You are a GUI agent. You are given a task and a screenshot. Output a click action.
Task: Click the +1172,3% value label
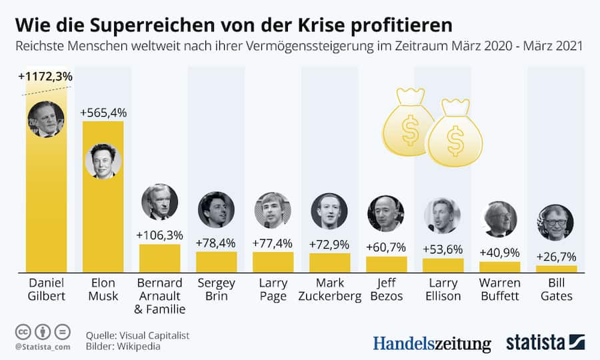point(45,77)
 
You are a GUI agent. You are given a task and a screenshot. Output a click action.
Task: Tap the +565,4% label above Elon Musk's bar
point(103,113)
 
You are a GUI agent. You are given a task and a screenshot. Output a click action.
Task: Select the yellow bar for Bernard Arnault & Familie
point(159,257)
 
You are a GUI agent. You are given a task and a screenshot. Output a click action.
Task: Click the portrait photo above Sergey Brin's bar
point(216,209)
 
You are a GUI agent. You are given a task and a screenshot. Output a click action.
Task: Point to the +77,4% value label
point(273,243)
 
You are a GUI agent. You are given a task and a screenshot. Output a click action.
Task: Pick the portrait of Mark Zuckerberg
point(329,211)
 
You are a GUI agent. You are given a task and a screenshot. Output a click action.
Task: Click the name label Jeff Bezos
point(386,288)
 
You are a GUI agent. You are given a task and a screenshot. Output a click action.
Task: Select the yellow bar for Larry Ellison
point(443,265)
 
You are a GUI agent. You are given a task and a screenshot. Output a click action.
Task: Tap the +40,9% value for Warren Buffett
point(499,253)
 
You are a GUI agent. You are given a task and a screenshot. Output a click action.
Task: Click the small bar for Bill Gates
point(556,269)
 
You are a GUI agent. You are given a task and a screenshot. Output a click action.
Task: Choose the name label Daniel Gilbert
point(46,288)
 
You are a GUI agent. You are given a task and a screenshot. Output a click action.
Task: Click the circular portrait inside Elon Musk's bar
point(103,161)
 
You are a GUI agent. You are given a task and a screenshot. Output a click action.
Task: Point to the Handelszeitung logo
point(431,343)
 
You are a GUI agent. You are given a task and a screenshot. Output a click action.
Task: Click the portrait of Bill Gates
point(555,222)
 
